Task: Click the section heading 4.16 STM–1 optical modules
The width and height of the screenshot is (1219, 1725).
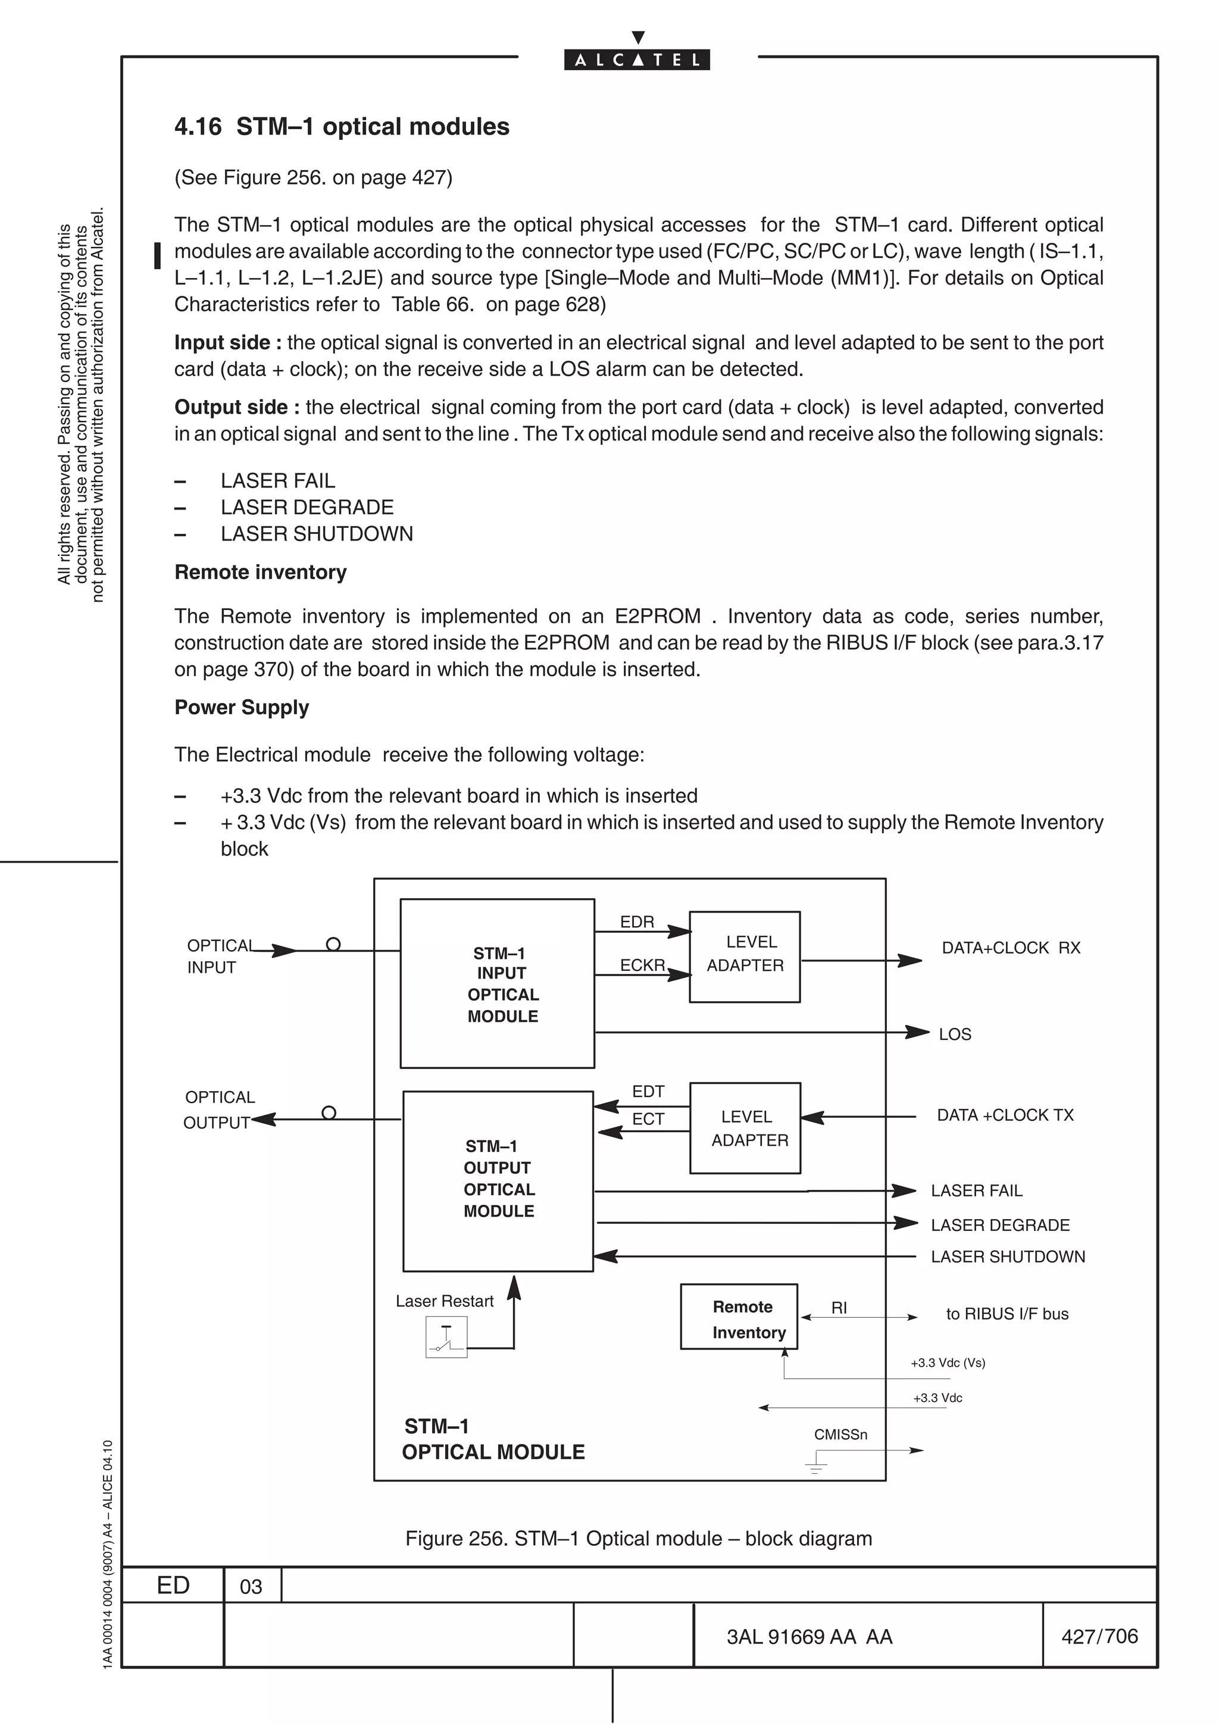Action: point(342,127)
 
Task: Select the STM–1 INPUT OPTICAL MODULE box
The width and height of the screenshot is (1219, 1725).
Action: point(497,983)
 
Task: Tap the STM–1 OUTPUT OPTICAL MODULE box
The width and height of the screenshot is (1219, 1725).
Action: point(498,1181)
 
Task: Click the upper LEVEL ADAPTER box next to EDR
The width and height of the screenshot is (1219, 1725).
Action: point(745,957)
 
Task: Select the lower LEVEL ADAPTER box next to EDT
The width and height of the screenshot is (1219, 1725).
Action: point(745,1128)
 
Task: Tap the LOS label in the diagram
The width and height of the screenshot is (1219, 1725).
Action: point(955,1035)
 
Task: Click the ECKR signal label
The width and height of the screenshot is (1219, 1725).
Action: point(642,965)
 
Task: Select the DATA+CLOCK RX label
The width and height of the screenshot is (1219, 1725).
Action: point(1011,948)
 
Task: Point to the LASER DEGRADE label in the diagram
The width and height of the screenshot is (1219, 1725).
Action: point(1000,1226)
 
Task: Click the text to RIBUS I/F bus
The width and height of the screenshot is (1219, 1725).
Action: point(1007,1314)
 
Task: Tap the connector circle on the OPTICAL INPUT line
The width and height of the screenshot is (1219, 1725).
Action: point(333,945)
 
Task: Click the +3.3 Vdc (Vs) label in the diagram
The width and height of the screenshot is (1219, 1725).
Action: point(947,1363)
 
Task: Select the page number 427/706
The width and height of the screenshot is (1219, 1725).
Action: point(1099,1636)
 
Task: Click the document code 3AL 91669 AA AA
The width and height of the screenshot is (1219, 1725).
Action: point(809,1637)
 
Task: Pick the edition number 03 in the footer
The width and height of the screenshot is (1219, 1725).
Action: point(251,1587)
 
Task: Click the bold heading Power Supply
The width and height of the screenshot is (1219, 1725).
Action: point(241,708)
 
